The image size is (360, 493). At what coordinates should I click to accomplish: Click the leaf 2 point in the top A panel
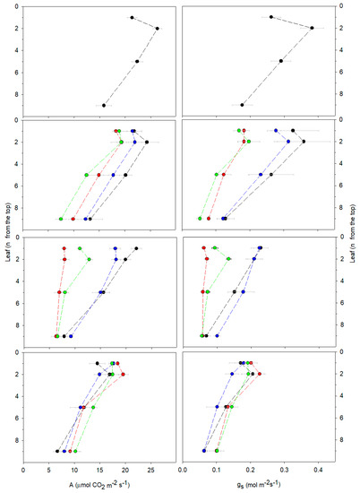(x=158, y=29)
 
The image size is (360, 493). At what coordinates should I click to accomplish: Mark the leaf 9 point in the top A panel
(x=104, y=105)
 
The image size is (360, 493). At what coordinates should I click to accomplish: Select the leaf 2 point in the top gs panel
(x=312, y=28)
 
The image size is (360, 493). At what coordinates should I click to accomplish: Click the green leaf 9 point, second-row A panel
(x=61, y=219)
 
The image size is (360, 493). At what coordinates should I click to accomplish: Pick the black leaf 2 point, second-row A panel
(x=147, y=142)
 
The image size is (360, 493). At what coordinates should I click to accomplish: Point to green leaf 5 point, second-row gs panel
(x=217, y=175)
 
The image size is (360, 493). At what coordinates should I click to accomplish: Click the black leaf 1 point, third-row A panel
(x=136, y=248)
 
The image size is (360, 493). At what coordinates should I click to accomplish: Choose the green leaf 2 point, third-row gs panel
(x=228, y=259)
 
